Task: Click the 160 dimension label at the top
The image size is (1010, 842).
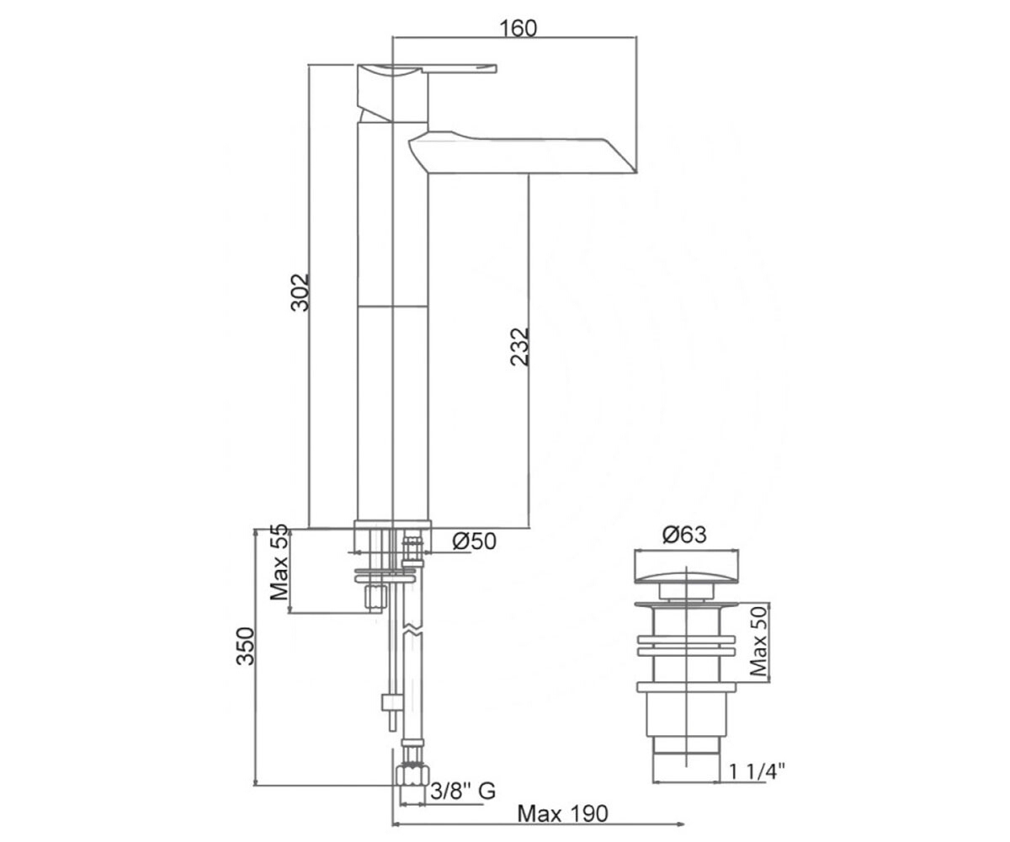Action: coord(518,29)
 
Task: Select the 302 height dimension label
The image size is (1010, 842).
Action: coord(300,293)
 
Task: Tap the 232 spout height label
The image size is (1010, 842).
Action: coord(520,347)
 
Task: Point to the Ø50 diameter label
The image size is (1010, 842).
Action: coord(475,541)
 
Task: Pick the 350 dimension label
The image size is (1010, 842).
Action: coord(245,646)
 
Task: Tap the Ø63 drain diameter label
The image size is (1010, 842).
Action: coord(684,536)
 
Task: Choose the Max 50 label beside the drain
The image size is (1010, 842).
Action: coord(758,642)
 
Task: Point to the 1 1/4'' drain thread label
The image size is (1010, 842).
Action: coord(757,771)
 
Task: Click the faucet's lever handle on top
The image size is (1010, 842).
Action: coord(460,68)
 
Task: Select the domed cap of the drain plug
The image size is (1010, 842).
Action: coord(686,578)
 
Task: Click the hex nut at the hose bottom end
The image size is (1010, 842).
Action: coord(412,775)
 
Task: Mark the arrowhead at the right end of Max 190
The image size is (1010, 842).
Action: coord(681,823)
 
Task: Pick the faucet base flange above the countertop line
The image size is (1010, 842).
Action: coord(392,525)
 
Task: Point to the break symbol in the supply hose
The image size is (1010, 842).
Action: coord(412,630)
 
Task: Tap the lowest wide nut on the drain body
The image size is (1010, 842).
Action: coord(687,687)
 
